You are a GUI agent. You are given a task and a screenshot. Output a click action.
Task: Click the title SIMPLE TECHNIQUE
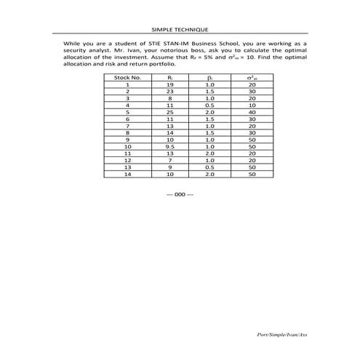point(180,29)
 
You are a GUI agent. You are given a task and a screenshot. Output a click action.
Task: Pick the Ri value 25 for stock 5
point(169,113)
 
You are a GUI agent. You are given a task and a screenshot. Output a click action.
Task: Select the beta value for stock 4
point(209,105)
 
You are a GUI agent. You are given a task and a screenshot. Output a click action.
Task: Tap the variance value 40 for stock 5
point(252,113)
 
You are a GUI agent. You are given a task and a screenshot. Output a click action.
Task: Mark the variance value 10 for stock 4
point(252,105)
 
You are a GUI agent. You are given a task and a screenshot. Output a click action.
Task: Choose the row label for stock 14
point(127,175)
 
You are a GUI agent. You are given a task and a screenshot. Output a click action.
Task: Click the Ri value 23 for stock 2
point(169,92)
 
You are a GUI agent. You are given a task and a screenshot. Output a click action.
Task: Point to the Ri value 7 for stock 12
point(169,161)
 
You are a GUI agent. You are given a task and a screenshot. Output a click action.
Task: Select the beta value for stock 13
point(209,167)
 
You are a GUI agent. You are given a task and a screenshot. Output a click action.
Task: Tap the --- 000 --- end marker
point(180,194)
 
